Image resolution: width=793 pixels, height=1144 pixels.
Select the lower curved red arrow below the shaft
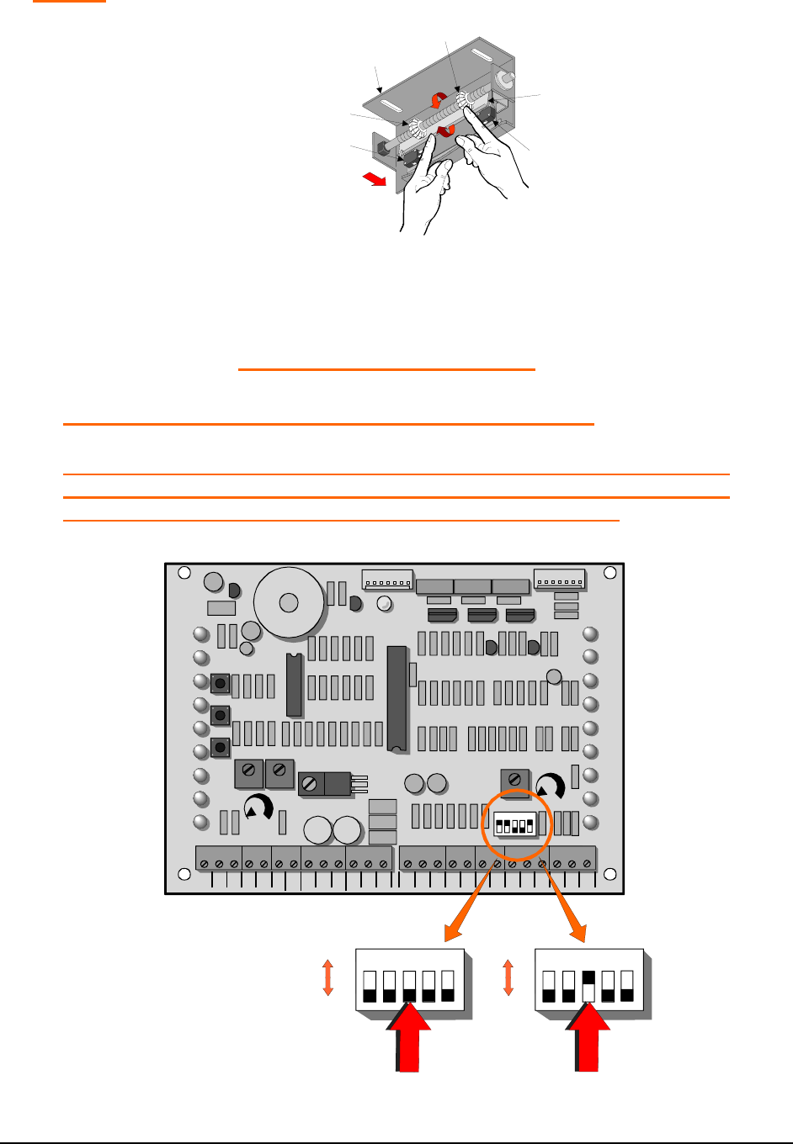coord(445,130)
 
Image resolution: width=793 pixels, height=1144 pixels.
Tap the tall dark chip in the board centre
coord(396,698)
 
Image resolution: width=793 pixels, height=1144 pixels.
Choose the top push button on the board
coord(221,683)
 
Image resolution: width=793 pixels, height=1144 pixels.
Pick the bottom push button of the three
coord(221,747)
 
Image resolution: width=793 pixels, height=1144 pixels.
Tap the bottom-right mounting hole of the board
coord(610,874)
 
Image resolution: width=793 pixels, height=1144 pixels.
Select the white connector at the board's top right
coord(559,580)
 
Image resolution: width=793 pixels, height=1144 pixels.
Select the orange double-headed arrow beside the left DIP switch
coord(328,978)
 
